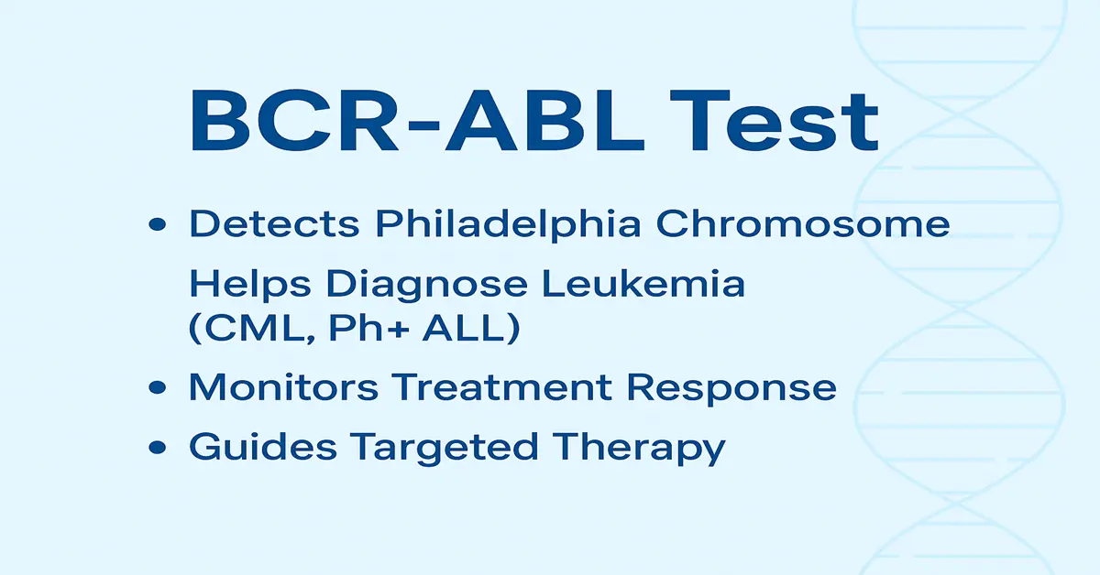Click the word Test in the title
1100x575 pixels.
[774, 121]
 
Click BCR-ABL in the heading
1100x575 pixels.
[417, 121]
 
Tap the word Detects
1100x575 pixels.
[274, 223]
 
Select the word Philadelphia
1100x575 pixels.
[508, 224]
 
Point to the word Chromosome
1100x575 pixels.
[803, 223]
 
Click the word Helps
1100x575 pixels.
[250, 284]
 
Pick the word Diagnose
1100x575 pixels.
[427, 285]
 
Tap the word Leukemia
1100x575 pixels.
[643, 284]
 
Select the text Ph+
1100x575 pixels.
[368, 327]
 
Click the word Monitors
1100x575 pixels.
[283, 387]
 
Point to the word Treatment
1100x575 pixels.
[502, 387]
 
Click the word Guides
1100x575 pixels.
[263, 447]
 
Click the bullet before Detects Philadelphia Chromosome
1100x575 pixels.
[157, 224]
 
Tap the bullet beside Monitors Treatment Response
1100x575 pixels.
[157, 387]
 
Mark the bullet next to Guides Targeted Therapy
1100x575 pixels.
[157, 447]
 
